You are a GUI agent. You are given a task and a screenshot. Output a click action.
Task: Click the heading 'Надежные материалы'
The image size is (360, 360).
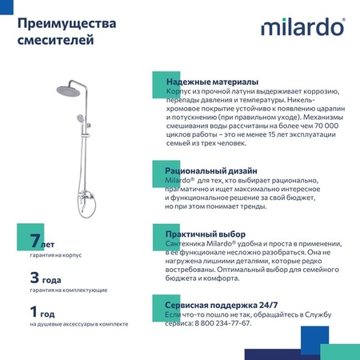click(212, 82)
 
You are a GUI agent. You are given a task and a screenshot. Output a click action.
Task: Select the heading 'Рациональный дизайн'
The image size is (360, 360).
click(211, 171)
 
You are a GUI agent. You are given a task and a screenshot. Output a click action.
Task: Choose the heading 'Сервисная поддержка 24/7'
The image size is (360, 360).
click(222, 306)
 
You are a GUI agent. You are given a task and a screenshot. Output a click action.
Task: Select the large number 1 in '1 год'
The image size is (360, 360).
click(34, 312)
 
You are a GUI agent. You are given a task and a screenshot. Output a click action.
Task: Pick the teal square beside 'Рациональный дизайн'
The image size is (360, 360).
click(159, 170)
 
